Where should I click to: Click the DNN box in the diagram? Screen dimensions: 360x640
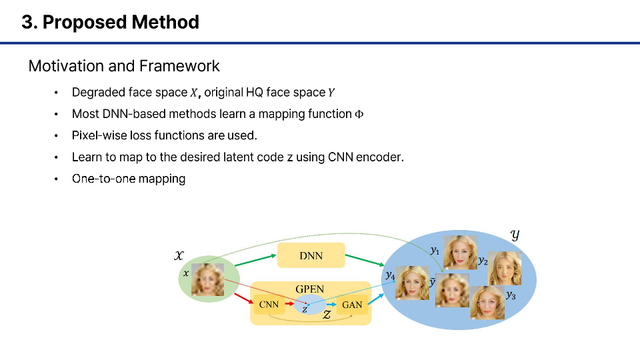[x=311, y=255]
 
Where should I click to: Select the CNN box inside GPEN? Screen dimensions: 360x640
[x=268, y=305]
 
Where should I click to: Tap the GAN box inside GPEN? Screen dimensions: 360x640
[x=351, y=305]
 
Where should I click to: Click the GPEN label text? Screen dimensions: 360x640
[x=309, y=289]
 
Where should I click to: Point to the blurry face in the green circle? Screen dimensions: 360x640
[x=207, y=279]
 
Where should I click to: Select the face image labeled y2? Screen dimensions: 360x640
[x=505, y=268]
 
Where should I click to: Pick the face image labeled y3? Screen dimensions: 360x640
[x=487, y=302]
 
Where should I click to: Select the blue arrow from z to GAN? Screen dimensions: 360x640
[x=326, y=305]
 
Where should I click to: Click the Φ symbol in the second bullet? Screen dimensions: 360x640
[x=359, y=114]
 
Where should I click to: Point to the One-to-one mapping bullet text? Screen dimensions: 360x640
[x=129, y=179]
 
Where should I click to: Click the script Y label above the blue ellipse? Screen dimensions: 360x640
[x=515, y=235]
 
